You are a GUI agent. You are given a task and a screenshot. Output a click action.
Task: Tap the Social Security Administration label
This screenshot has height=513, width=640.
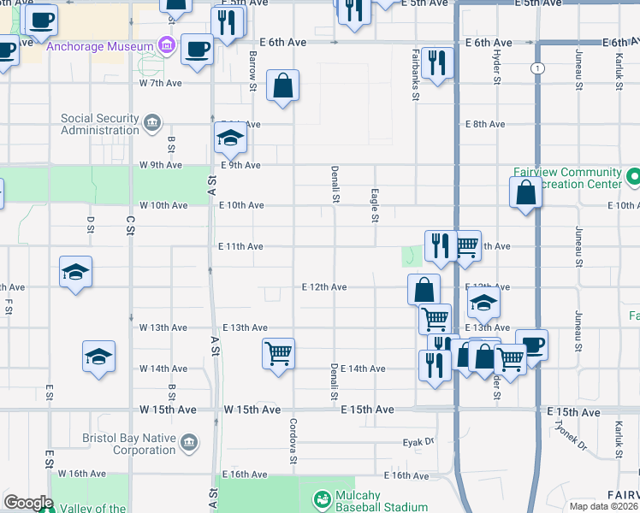[x=99, y=125]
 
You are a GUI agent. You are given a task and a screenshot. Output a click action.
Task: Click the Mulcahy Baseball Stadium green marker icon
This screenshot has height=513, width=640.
[x=323, y=498]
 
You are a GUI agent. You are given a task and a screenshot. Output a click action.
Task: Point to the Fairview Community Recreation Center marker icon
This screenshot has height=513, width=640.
[x=633, y=178]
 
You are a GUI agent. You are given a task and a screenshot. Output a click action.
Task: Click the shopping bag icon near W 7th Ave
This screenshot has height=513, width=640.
[x=282, y=86]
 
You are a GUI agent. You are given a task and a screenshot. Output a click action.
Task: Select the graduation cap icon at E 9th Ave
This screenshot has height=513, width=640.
[x=229, y=137]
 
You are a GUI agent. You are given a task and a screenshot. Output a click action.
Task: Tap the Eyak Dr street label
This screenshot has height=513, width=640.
[x=419, y=443]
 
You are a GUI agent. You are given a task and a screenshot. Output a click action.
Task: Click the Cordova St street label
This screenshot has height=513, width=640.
[x=293, y=436]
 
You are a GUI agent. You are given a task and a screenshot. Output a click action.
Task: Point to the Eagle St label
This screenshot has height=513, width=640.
[x=375, y=206]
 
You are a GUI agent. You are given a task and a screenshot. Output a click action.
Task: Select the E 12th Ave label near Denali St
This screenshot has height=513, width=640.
[x=324, y=287]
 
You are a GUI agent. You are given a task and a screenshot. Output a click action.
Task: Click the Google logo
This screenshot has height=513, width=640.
[x=28, y=503]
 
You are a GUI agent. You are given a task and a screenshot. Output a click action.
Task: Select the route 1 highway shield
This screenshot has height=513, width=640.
[x=537, y=68]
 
